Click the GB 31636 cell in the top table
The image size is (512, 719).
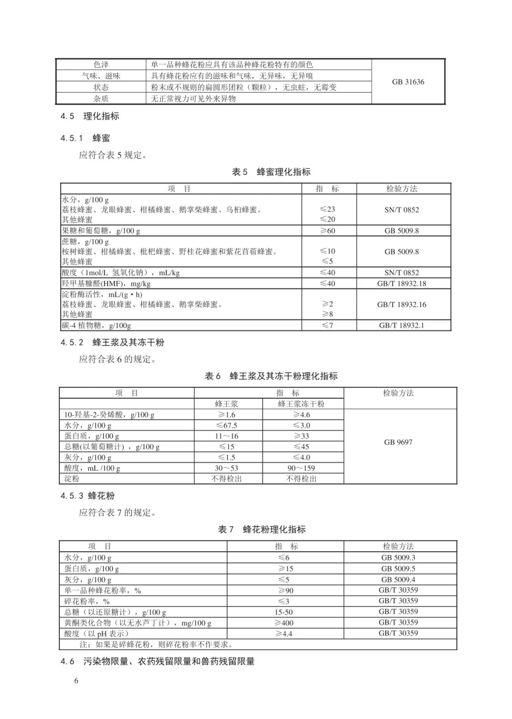coord(408,82)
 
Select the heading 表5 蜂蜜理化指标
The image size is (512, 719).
coord(271,172)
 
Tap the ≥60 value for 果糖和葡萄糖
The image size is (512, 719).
coord(328,231)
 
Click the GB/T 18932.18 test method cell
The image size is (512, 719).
coord(401,284)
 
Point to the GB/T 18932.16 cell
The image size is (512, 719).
coord(401,305)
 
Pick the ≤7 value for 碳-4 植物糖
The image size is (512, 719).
coord(328,325)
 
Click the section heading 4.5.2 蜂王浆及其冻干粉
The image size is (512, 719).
coord(112,342)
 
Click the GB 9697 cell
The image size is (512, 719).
coord(398,442)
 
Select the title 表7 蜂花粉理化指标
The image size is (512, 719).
coord(262,530)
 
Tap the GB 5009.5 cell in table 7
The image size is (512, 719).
coord(398,568)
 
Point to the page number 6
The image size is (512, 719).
coord(76,681)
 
